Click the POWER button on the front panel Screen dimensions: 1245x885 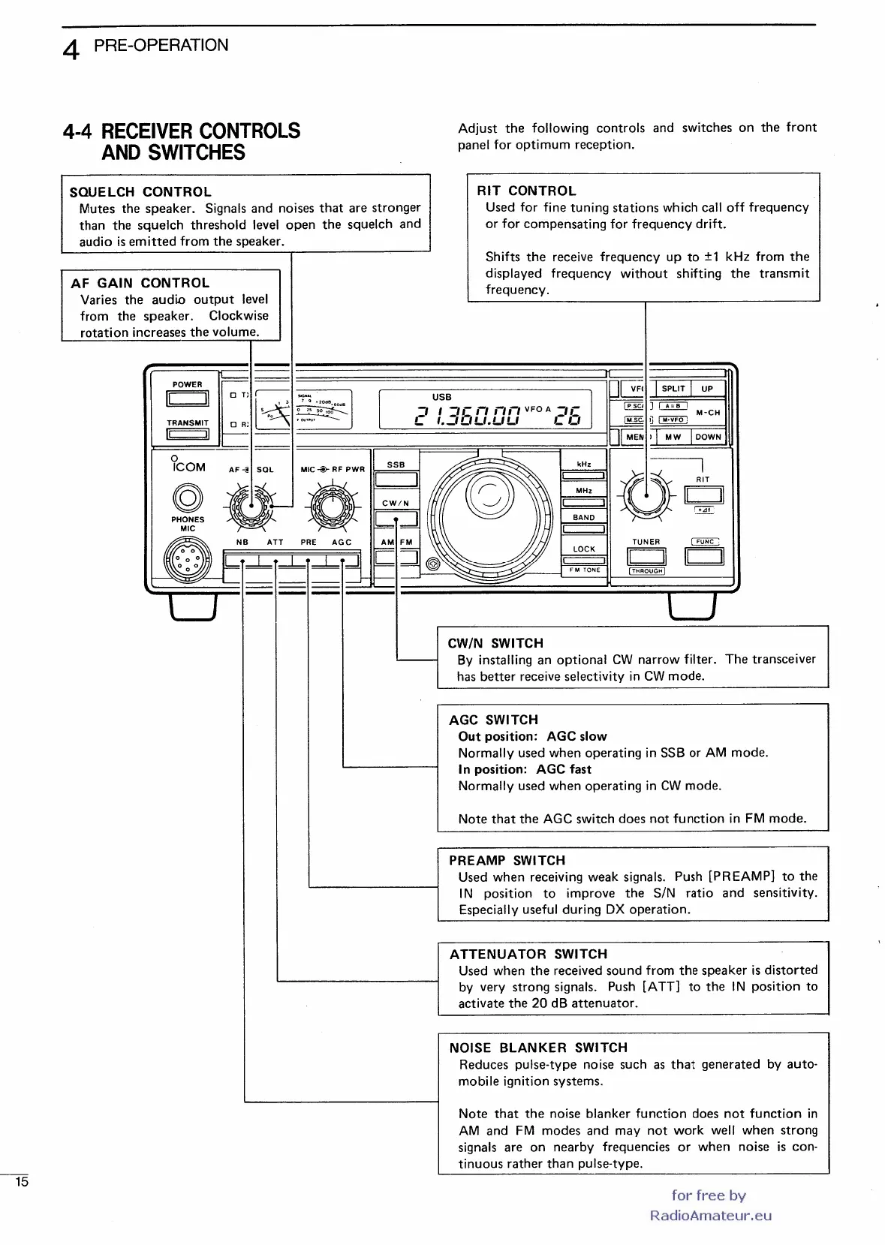(x=187, y=399)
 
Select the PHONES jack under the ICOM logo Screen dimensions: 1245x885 (x=188, y=497)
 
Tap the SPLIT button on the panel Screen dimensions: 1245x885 (x=673, y=389)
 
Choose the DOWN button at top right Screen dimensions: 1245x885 (x=708, y=437)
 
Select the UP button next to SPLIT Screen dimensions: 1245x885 (x=707, y=389)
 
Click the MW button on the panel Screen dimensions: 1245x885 (x=673, y=437)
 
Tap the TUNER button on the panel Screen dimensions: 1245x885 (x=646, y=556)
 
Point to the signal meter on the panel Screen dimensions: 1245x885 (x=304, y=410)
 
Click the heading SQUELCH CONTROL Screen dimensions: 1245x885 (x=140, y=192)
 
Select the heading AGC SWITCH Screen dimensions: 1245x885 (x=493, y=720)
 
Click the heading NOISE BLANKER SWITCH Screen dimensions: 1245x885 (x=538, y=1048)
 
